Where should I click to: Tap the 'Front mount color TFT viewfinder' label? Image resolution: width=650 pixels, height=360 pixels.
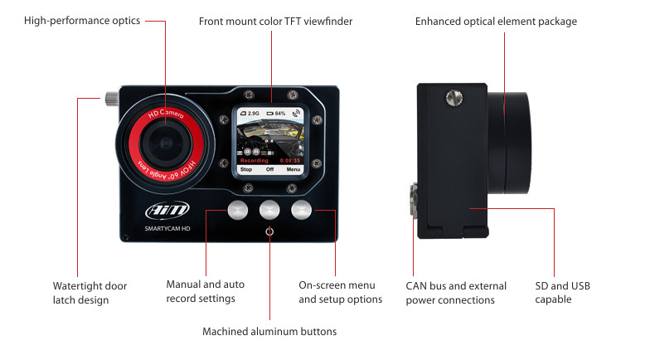click(276, 21)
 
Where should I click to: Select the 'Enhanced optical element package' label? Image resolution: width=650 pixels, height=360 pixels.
click(496, 21)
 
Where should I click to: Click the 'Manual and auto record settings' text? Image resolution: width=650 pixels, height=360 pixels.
click(206, 291)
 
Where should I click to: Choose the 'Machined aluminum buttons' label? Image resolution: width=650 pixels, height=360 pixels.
click(269, 332)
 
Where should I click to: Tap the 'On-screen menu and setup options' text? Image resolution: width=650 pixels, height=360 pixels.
click(340, 291)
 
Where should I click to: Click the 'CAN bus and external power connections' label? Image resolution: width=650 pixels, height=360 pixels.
click(450, 292)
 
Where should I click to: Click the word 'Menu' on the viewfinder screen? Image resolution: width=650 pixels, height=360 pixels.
click(293, 168)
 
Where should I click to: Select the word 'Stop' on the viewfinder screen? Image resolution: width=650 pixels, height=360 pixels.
click(245, 168)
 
